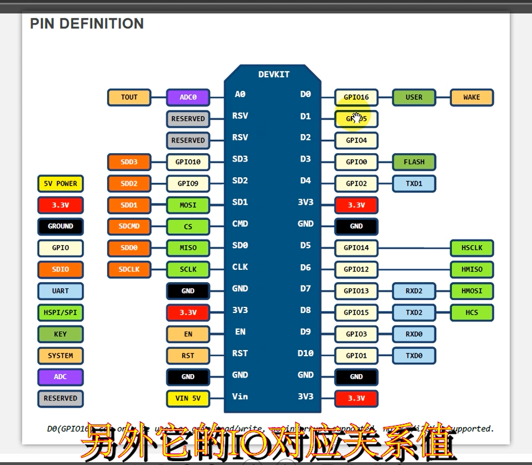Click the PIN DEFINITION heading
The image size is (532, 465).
87,24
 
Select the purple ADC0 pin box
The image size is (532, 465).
188,97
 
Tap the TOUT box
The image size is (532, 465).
129,97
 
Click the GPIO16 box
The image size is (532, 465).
356,97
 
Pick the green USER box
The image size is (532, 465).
414,97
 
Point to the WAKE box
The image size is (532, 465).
471,97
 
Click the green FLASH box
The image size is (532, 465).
414,162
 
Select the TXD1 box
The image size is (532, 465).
414,183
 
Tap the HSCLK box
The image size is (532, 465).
471,247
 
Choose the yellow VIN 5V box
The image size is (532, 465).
188,399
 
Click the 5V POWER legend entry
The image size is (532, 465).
61,183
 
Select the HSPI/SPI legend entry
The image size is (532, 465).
61,312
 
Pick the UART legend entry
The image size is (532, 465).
61,291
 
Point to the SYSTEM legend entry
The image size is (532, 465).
61,356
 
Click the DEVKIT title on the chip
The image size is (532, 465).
274,74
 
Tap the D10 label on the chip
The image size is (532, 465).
306,353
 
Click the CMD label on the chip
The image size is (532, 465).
240,224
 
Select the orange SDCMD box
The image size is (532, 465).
129,227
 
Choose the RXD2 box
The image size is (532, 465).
414,291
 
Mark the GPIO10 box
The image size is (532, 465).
188,162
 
